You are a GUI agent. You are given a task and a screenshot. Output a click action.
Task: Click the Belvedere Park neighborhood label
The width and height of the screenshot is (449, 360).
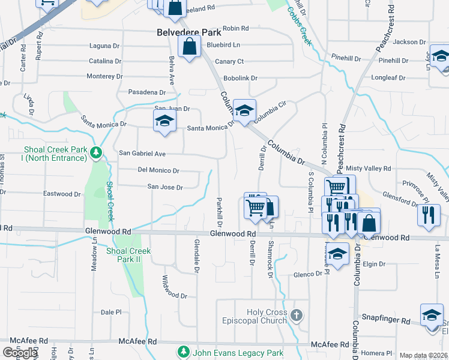[x=189, y=32]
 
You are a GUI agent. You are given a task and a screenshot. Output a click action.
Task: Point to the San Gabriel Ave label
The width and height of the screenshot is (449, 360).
[x=142, y=154]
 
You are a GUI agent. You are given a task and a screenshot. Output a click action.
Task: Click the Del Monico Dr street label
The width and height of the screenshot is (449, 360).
[x=158, y=170]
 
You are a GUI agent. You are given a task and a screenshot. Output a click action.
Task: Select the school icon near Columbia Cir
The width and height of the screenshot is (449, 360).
[x=244, y=110]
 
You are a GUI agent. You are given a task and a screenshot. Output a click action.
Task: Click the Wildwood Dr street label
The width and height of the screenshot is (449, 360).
[x=175, y=288]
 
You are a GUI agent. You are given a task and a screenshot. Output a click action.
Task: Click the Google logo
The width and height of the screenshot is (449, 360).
[x=20, y=353]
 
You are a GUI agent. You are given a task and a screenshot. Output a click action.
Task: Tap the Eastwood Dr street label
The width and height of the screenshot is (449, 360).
[x=62, y=194]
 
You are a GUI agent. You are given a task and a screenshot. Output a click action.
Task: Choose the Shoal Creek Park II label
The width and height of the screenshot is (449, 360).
[x=128, y=255]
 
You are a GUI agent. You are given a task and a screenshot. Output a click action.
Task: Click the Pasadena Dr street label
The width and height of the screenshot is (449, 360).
[x=146, y=92]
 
